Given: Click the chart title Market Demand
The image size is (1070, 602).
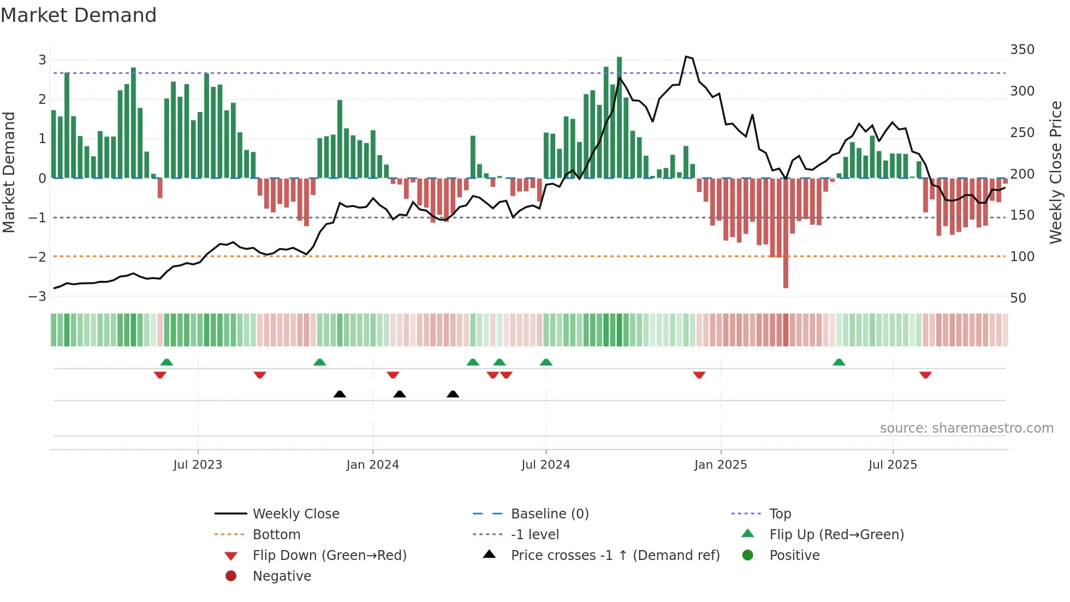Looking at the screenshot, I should point(79,15).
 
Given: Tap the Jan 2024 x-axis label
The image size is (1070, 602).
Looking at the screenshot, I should point(372,465).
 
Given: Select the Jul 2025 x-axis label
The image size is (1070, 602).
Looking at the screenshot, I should point(893,465).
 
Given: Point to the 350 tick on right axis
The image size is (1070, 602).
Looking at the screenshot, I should point(1022,50).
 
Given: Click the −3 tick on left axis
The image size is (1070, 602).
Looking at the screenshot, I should point(38,297).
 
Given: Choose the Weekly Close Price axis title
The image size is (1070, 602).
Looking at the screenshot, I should point(1056,172).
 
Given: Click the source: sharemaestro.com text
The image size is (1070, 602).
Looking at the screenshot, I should point(966,428).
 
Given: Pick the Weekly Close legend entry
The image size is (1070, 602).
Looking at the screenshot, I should point(295,514).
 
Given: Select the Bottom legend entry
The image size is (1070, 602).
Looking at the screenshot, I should point(276,535).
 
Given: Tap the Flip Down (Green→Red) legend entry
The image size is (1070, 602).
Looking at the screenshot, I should point(329,556).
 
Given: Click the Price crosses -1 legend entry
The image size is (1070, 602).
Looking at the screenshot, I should point(615,556).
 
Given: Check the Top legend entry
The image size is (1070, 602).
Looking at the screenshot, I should point(780,514).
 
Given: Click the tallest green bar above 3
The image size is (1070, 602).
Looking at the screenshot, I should point(619,109).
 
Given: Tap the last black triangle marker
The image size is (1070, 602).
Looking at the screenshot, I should point(453,394).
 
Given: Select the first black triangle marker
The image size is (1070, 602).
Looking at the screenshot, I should point(340,394).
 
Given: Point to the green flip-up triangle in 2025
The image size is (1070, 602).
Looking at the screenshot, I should point(839,362).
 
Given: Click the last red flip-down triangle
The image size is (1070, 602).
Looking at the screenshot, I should point(925,375).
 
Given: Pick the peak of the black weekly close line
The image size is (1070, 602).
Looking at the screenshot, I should point(687,56).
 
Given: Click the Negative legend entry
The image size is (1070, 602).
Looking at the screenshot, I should point(282,576).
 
